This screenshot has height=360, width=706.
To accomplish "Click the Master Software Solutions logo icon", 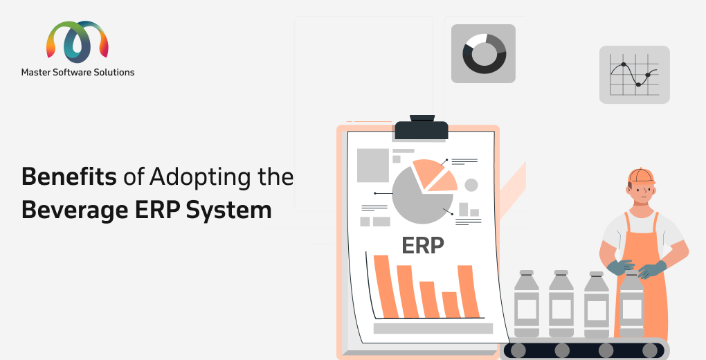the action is pos(78,42).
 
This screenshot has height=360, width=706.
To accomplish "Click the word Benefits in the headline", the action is pos(69,176).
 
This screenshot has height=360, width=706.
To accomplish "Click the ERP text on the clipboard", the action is pos(423,245).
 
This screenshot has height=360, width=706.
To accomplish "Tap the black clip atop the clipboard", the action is pos(422,127).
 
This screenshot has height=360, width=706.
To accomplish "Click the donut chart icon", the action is pos(484,53).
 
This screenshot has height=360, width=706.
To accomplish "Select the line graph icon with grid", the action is pos(635,74).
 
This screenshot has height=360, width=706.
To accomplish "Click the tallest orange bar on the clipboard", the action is pos(386,286).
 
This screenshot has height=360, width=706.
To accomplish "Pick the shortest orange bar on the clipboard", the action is pos(451,305).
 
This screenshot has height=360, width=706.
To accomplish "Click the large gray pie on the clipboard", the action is pos(421,196).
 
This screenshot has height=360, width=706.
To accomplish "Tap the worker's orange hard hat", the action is pos(641,176).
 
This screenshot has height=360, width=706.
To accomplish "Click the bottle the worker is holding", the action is pos(632,305).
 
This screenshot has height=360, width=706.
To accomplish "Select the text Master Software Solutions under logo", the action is pos(78,72).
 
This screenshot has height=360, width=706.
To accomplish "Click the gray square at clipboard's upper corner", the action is pos(373,165).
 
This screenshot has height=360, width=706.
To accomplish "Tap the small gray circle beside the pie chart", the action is pos(471,185).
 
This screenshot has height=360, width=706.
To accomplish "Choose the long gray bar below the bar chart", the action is pos(433,328).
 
